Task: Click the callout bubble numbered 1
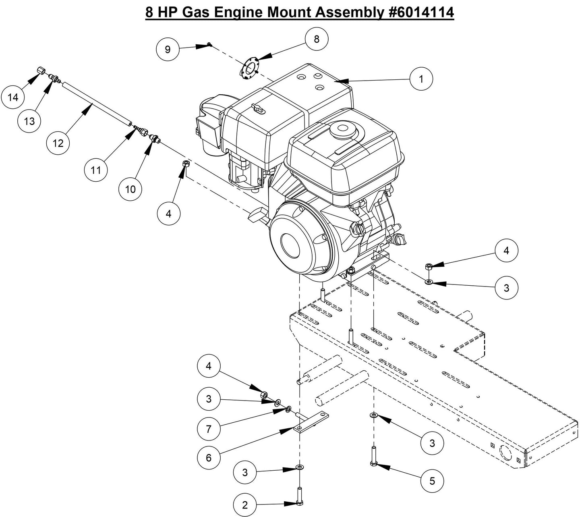pyautogui.click(x=421, y=79)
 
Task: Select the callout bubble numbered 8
pyautogui.click(x=317, y=39)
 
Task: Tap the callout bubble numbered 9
pyautogui.click(x=168, y=49)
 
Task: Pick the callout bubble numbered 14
pyautogui.click(x=13, y=98)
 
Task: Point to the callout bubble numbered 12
pyautogui.click(x=58, y=143)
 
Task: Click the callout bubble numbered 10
pyautogui.click(x=130, y=189)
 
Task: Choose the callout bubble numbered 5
pyautogui.click(x=432, y=480)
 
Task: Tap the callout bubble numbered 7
pyautogui.click(x=209, y=429)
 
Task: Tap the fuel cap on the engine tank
pyautogui.click(x=343, y=129)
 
